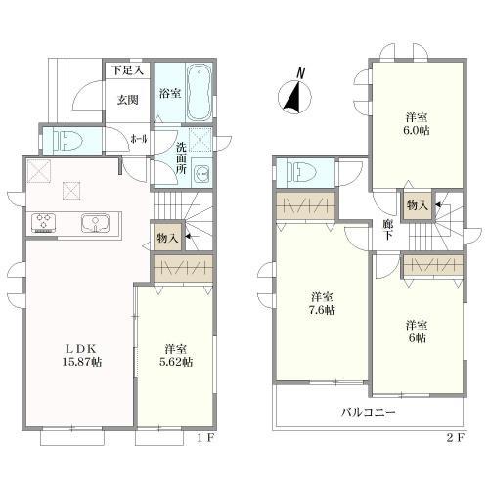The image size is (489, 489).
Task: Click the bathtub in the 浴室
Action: [199, 93]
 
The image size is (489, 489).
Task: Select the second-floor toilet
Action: [303, 172]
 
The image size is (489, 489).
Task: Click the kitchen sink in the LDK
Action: [95, 223]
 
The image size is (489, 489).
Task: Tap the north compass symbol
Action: [294, 97]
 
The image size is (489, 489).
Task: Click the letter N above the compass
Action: [300, 73]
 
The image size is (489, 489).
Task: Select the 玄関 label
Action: [128, 100]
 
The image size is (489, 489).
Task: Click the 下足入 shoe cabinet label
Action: [128, 70]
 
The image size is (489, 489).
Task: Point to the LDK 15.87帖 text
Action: [82, 356]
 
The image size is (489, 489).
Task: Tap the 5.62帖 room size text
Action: [175, 362]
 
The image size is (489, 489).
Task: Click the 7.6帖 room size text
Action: [322, 310]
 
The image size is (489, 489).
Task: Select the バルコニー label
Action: [369, 412]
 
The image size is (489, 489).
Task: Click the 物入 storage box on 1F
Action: [167, 237]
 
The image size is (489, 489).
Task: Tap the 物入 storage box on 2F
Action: [418, 205]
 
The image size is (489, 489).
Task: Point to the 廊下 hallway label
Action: [387, 230]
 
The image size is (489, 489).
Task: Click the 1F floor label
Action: [205, 438]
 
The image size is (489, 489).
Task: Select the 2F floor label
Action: [455, 438]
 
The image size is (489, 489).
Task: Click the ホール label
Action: [139, 139]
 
